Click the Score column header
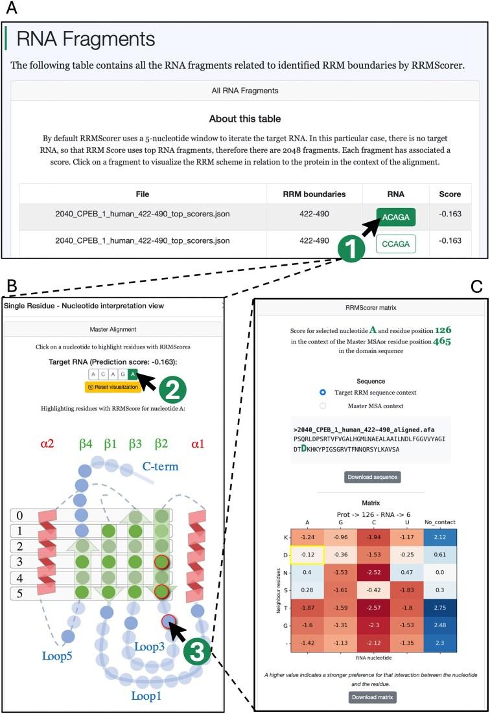(450, 194)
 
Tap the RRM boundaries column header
(314, 194)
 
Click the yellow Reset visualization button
(113, 387)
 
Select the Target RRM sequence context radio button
(323, 393)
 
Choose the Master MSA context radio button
(323, 406)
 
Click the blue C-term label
(161, 466)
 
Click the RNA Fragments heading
(86, 39)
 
